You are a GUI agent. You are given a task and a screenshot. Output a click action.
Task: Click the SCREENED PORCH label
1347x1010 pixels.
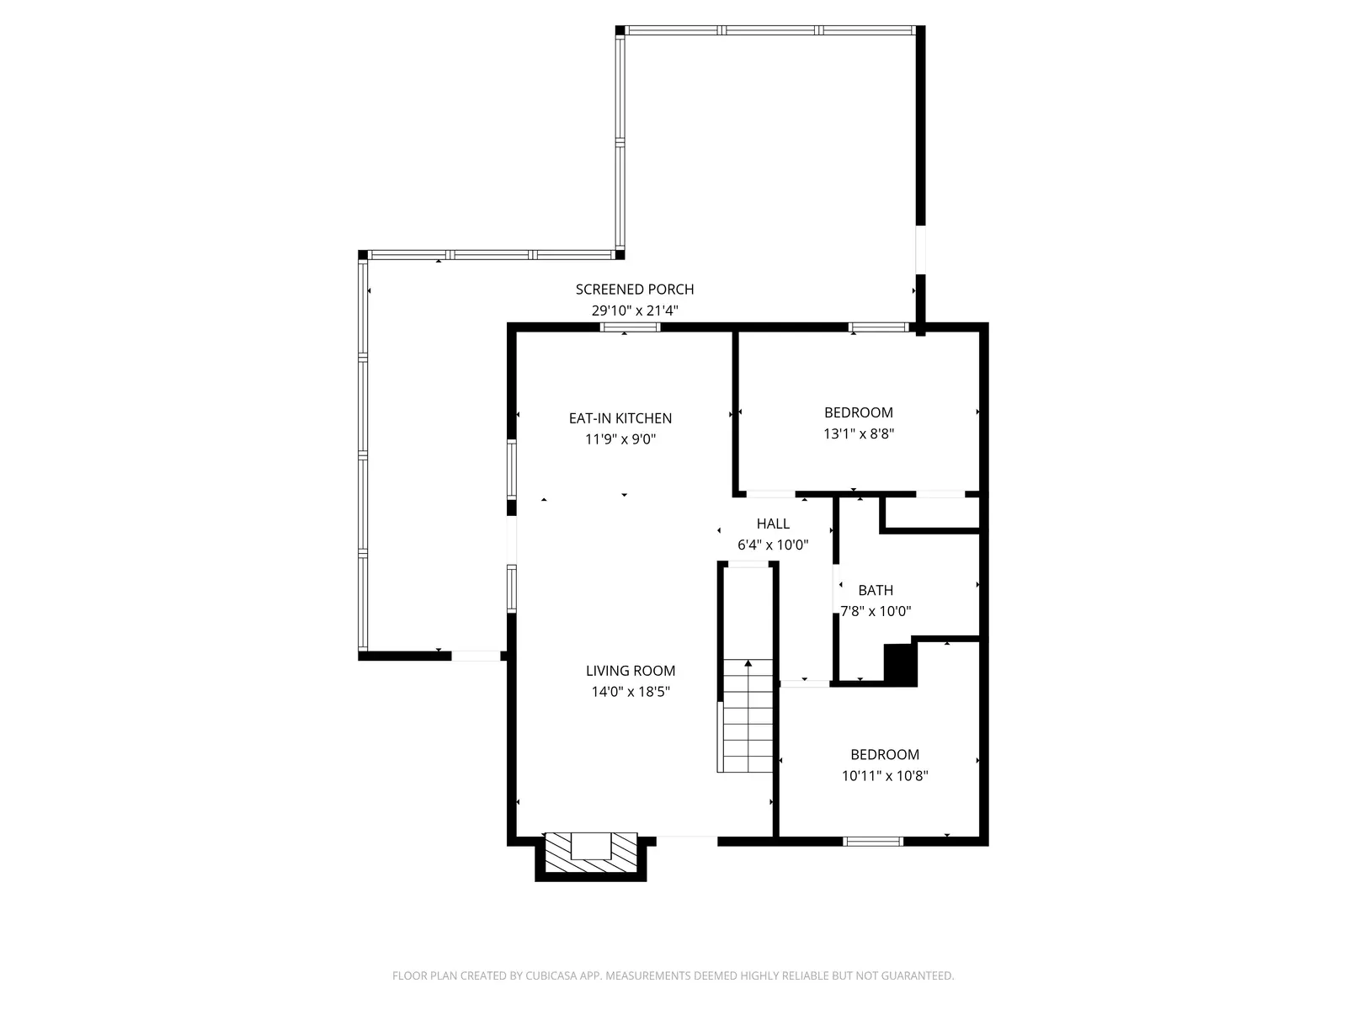pyautogui.click(x=635, y=290)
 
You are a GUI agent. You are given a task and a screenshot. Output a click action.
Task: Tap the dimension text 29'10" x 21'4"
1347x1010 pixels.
pyautogui.click(x=635, y=311)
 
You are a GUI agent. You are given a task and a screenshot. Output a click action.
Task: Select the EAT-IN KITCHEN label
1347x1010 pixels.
pyautogui.click(x=620, y=418)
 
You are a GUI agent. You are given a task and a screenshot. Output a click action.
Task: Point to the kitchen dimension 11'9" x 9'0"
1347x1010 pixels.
pyautogui.click(x=620, y=439)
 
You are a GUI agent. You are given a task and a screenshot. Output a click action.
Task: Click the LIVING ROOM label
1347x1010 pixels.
pyautogui.click(x=631, y=671)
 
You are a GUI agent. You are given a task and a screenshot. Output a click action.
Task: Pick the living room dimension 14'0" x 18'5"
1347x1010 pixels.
pyautogui.click(x=631, y=692)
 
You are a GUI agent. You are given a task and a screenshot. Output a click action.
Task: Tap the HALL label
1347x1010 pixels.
pyautogui.click(x=773, y=524)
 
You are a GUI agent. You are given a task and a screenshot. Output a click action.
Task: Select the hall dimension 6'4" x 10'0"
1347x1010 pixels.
pyautogui.click(x=773, y=545)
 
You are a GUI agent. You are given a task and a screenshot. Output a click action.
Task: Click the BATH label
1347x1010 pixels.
pyautogui.click(x=876, y=591)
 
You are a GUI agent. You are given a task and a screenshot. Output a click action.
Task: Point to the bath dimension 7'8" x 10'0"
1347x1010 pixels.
pyautogui.click(x=876, y=612)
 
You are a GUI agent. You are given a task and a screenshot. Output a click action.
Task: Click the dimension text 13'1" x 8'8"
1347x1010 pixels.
pyautogui.click(x=859, y=434)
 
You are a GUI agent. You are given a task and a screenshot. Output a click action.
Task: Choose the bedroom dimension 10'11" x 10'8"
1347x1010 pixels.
pyautogui.click(x=885, y=776)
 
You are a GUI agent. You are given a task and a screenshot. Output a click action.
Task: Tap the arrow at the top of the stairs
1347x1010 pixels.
pyautogui.click(x=748, y=664)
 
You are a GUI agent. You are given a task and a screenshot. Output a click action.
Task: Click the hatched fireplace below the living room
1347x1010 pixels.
pyautogui.click(x=591, y=853)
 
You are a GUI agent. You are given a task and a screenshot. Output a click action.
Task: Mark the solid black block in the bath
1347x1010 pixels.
pyautogui.click(x=899, y=665)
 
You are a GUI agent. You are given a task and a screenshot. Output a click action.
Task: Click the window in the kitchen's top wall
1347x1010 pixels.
pyautogui.click(x=630, y=327)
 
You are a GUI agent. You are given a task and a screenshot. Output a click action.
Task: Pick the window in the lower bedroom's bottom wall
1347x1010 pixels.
pyautogui.click(x=873, y=841)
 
